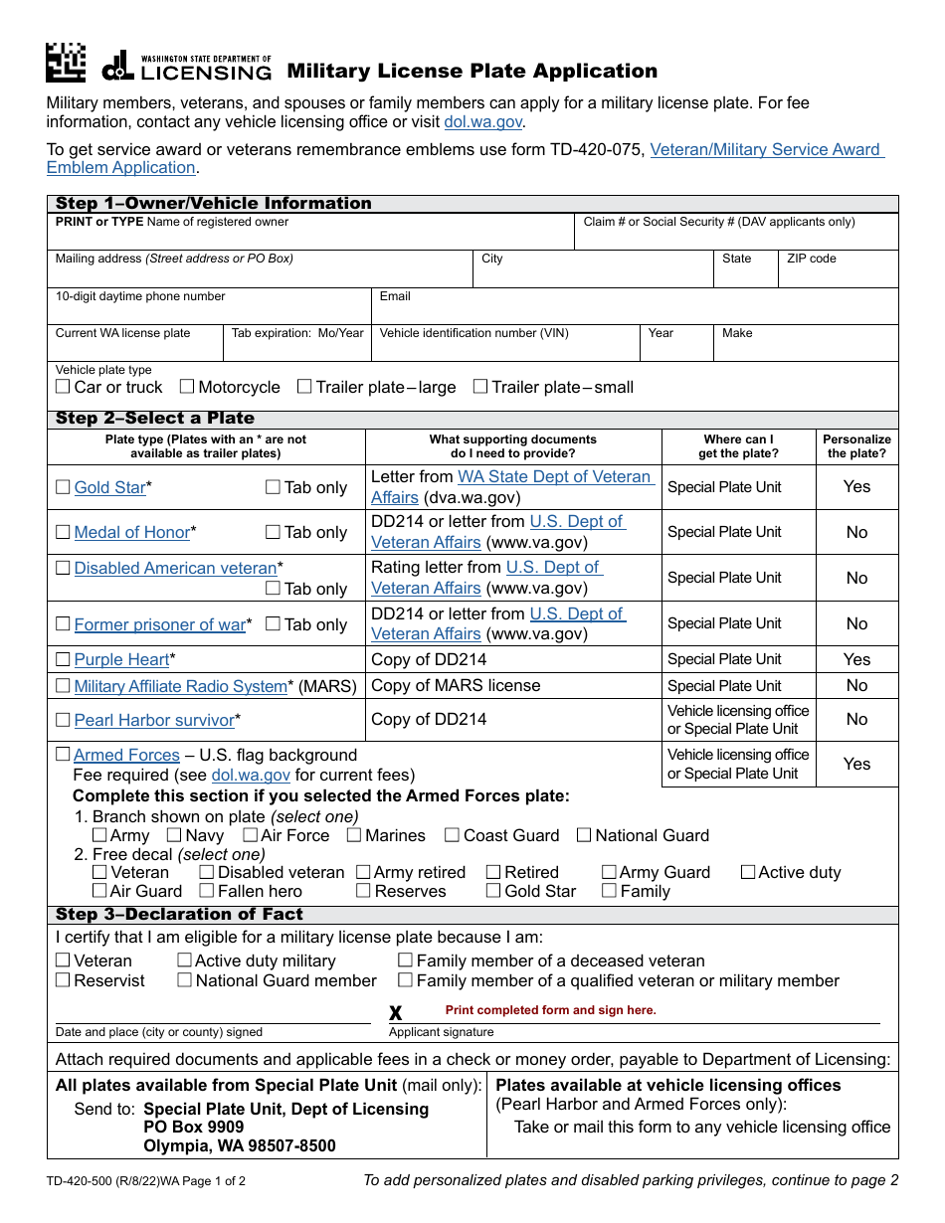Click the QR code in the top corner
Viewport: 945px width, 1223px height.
[x=66, y=63]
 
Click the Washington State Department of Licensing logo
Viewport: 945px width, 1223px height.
[x=187, y=67]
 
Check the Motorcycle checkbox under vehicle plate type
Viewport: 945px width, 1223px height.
[x=187, y=387]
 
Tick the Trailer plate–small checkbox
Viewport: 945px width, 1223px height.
[x=480, y=387]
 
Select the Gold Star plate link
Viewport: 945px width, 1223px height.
[x=109, y=487]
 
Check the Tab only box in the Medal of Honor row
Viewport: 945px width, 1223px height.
[x=273, y=532]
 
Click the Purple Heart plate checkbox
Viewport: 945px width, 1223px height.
[x=63, y=659]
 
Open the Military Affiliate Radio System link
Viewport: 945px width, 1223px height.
[x=180, y=686]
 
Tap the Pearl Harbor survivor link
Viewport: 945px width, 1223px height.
[x=153, y=720]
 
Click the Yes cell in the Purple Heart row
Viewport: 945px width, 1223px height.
[x=856, y=659]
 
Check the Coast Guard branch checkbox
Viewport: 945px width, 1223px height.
[x=453, y=835]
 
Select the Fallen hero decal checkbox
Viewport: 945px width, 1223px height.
[x=207, y=891]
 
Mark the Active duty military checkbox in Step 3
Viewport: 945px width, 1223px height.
[x=185, y=961]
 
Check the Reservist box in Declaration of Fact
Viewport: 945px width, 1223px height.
[x=63, y=980]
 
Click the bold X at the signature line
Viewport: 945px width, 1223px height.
[x=395, y=1013]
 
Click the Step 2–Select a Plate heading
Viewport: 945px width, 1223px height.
[x=155, y=419]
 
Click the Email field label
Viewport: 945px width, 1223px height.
[x=395, y=296]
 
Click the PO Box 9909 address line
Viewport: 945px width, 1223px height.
[x=193, y=1127]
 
